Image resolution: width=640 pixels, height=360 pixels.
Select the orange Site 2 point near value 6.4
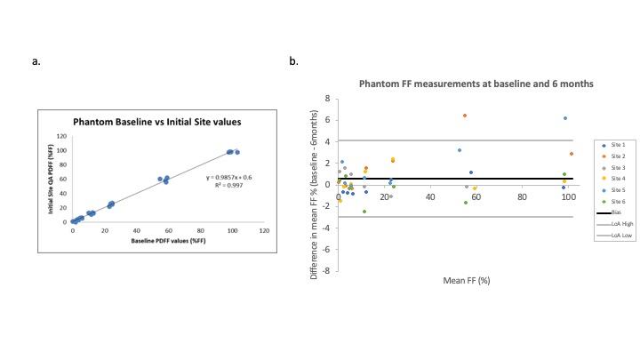point(464,116)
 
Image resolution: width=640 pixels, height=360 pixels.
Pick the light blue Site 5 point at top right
point(564,118)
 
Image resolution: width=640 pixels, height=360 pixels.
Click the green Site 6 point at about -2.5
point(364,212)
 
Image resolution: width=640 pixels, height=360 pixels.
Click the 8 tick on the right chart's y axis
point(328,98)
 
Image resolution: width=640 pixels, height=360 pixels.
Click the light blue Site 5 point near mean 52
point(460,150)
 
